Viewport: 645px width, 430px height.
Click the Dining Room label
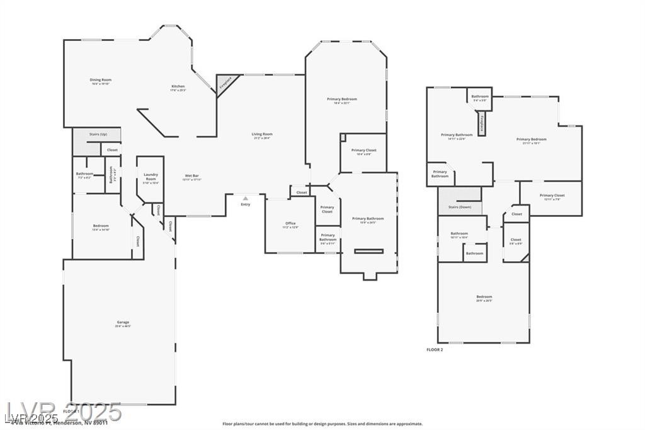pos(100,80)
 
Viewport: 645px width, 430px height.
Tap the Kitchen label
pos(178,86)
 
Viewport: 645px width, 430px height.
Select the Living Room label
pos(262,134)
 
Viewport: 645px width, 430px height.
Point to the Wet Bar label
pos(192,176)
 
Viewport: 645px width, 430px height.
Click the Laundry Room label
pos(151,177)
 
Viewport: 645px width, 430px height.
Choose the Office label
pos(290,223)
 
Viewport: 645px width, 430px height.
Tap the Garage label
pos(122,323)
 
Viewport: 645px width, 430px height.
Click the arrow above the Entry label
pos(245,198)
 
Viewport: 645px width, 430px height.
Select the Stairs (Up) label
pos(98,134)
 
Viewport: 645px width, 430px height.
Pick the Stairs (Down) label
pos(459,207)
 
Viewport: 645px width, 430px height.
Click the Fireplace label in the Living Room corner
pos(222,83)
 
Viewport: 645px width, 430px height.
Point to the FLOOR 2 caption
pos(435,349)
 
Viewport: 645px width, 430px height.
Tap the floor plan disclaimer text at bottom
pos(322,424)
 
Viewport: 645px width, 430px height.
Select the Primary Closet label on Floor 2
pos(552,195)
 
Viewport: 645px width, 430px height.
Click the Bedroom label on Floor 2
pos(484,297)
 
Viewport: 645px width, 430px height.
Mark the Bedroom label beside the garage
pos(101,226)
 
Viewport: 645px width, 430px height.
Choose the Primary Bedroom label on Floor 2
pos(531,139)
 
